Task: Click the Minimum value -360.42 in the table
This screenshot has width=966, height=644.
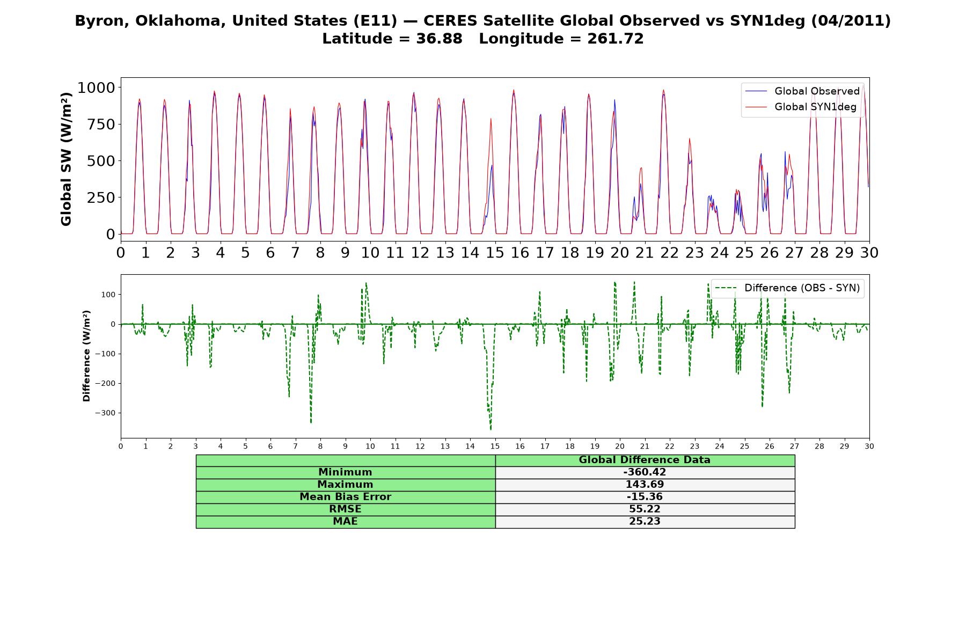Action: [x=645, y=472]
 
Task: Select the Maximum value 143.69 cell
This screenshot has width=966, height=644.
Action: [x=645, y=485]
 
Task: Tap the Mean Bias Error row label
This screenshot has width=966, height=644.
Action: [x=345, y=497]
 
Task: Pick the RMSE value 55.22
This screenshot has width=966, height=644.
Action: [x=645, y=509]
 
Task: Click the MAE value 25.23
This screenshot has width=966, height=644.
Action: [x=645, y=522]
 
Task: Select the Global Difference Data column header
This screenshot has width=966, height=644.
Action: [x=645, y=460]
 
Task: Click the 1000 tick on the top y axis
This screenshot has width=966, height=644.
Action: [x=96, y=87]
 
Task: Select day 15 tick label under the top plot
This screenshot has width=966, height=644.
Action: [x=495, y=252]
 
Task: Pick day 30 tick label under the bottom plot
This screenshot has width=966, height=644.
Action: [x=869, y=447]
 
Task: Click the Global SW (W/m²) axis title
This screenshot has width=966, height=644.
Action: [x=66, y=159]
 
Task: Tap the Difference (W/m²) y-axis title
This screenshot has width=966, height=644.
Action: [x=86, y=356]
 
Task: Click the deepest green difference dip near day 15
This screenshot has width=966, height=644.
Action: [x=491, y=429]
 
